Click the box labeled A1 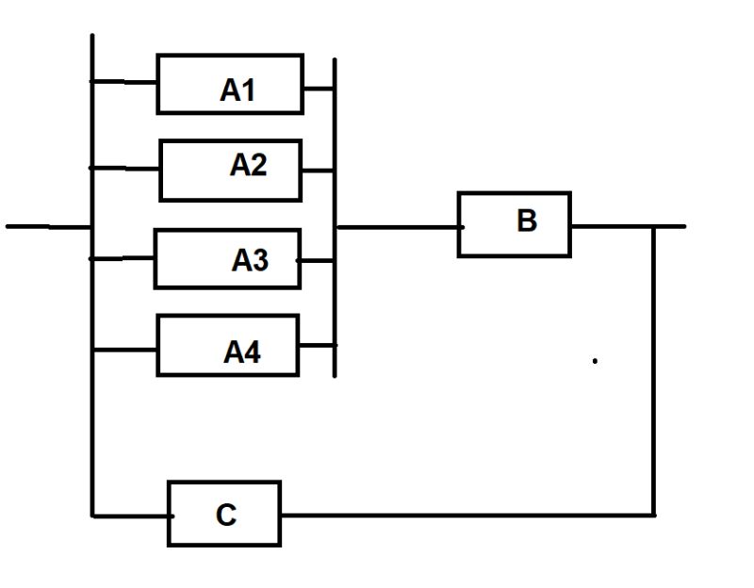click(230, 84)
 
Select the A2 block click(231, 170)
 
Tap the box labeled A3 click(227, 258)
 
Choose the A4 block click(227, 346)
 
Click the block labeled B click(514, 224)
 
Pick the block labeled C click(224, 514)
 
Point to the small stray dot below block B click(595, 360)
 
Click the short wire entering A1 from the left click(124, 82)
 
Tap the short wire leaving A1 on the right click(319, 90)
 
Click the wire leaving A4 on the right click(317, 346)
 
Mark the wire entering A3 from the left click(123, 257)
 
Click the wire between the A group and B click(396, 227)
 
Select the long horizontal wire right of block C click(467, 514)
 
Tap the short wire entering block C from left click(130, 515)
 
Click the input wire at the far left click(47, 226)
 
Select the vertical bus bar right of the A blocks click(335, 217)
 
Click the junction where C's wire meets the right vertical click(653, 514)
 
